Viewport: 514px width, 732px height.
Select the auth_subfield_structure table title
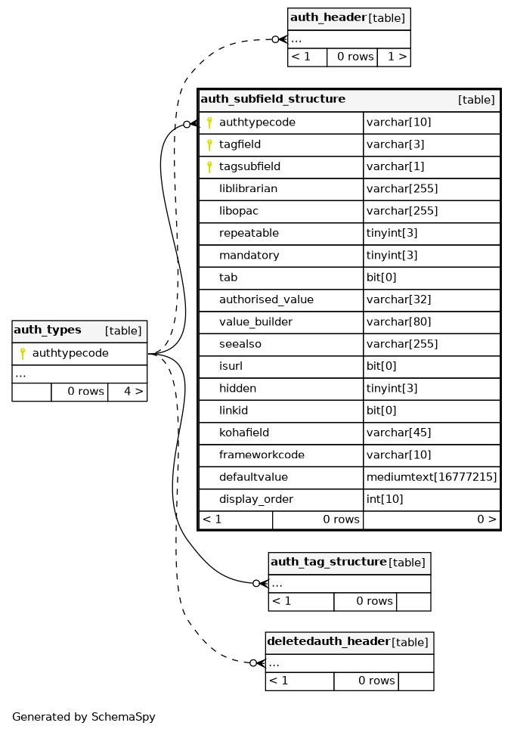coord(273,99)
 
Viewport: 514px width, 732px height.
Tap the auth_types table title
coord(48,330)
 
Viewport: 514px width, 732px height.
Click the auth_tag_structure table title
coord(328,562)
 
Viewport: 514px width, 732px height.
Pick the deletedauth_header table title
coord(328,642)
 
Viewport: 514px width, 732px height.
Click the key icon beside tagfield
coord(209,144)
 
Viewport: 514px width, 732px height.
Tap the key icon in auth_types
coord(23,353)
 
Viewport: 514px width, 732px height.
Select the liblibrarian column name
coord(248,189)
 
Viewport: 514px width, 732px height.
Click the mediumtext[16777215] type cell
coord(431,477)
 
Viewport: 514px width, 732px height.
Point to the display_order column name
coord(255,500)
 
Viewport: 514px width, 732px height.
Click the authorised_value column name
coord(266,299)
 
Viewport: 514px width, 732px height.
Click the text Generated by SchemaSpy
coord(83,717)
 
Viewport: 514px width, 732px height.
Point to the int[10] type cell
coord(386,500)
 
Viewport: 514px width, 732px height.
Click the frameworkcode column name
coord(262,455)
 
